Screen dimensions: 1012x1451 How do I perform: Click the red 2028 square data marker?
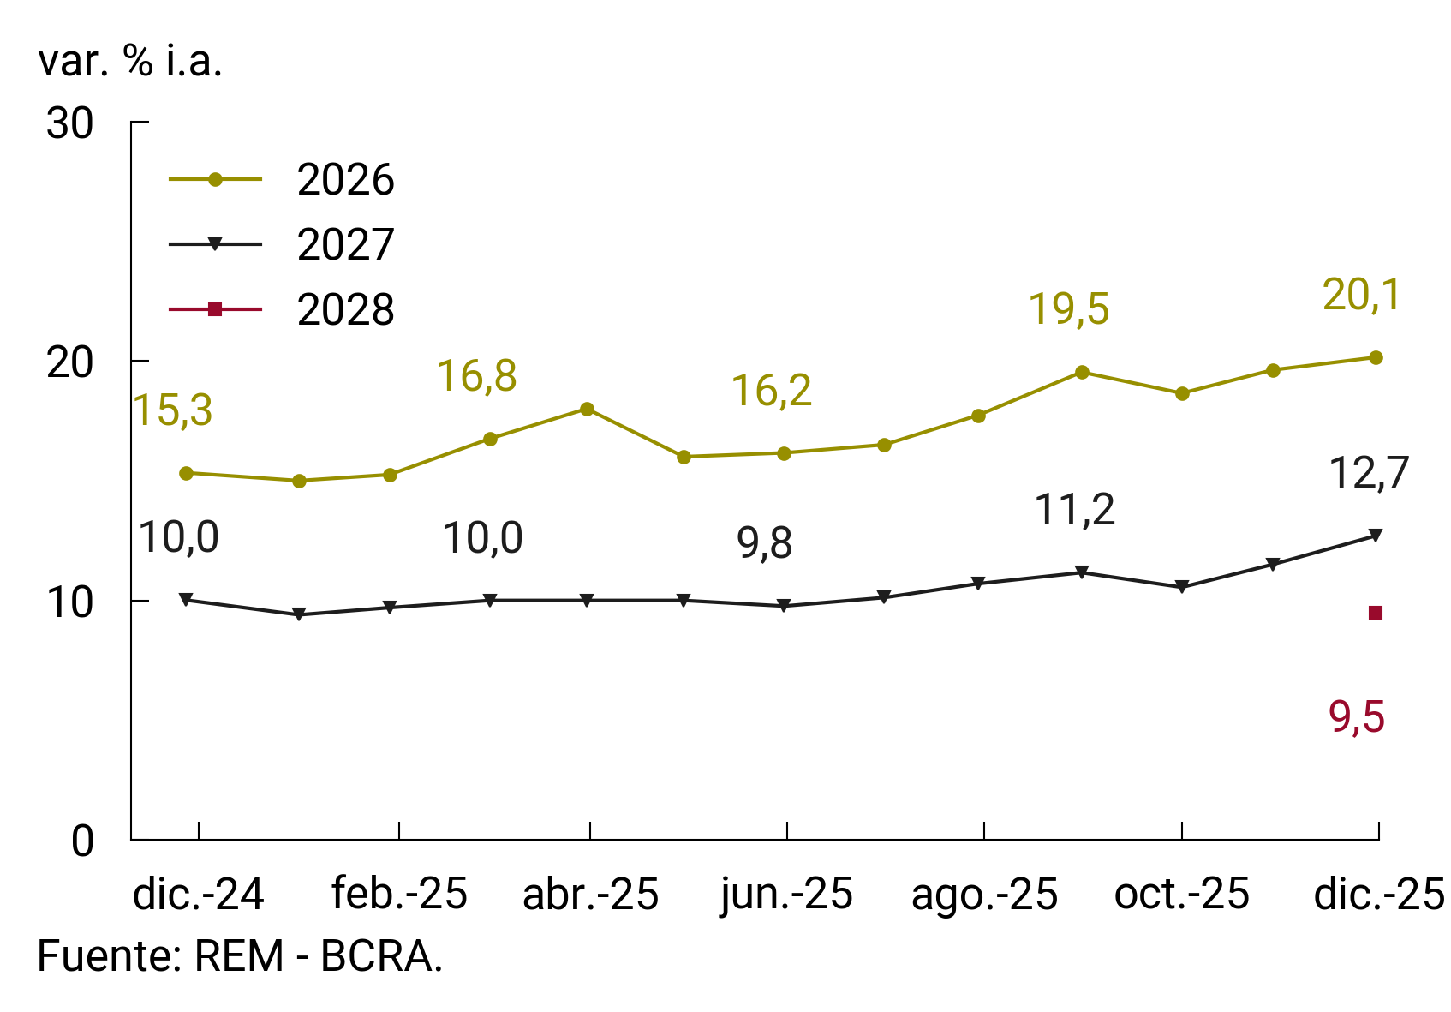[x=1376, y=613]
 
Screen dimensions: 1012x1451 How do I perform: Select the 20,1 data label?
[x=1361, y=296]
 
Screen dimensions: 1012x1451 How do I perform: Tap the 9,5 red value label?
[x=1357, y=717]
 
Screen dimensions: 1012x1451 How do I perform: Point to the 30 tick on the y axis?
[x=70, y=124]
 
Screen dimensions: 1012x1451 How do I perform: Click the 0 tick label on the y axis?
[x=82, y=841]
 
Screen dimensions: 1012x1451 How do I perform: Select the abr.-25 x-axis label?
[x=590, y=895]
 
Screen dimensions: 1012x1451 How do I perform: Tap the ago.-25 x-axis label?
[x=984, y=895]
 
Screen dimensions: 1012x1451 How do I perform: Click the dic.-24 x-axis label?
[x=198, y=895]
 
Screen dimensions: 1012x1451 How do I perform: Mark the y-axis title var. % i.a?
[x=130, y=61]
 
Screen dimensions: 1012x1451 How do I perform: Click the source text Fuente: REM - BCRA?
[x=240, y=956]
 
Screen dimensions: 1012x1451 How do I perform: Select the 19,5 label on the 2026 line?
[x=1068, y=309]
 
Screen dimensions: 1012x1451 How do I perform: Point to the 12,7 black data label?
[x=1368, y=473]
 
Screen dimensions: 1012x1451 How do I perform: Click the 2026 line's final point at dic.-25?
[x=1376, y=357]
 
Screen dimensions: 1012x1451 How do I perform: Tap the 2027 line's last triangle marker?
[x=1376, y=536]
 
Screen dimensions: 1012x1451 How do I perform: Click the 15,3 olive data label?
[x=173, y=410]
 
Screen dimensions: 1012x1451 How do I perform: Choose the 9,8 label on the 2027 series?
[x=764, y=543]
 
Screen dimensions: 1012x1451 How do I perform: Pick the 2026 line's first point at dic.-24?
[x=186, y=473]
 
